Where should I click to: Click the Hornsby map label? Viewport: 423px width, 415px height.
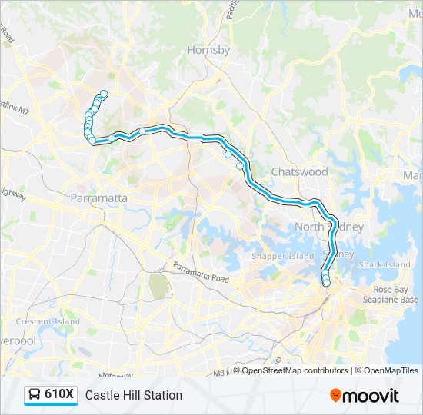click(208, 50)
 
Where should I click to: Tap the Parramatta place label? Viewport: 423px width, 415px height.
click(98, 198)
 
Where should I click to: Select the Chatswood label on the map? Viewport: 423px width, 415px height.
click(299, 171)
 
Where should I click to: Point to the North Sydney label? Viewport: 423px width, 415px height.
click(328, 227)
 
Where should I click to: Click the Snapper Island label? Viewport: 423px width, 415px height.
click(283, 256)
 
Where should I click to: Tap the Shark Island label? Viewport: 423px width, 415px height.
click(385, 264)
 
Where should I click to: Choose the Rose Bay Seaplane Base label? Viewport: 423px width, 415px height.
click(395, 294)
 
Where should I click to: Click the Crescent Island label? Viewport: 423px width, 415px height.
click(48, 321)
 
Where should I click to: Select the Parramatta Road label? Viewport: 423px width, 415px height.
click(202, 273)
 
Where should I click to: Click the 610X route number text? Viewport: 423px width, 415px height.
click(59, 395)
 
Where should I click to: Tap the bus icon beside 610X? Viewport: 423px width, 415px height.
click(35, 395)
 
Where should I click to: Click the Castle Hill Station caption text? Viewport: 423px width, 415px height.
click(134, 395)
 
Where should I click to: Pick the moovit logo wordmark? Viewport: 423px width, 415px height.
click(371, 396)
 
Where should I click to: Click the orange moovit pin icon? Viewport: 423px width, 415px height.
click(336, 396)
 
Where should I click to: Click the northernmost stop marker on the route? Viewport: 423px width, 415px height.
click(104, 95)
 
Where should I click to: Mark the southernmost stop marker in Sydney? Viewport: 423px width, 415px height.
click(327, 283)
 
